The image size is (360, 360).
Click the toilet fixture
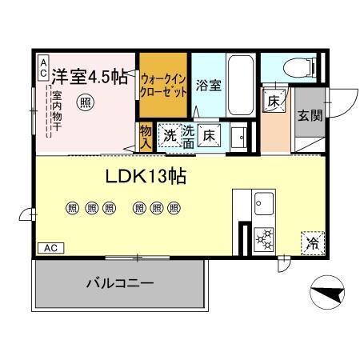292,66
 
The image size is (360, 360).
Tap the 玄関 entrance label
310,115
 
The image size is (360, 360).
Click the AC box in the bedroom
42,67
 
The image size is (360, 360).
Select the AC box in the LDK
50,248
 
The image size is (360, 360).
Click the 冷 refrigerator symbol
311,243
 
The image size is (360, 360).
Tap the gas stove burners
263,238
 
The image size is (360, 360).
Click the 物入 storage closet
146,137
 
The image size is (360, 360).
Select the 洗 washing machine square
170,135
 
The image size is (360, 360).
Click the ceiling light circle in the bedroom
84,102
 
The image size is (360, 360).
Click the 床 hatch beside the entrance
274,102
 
